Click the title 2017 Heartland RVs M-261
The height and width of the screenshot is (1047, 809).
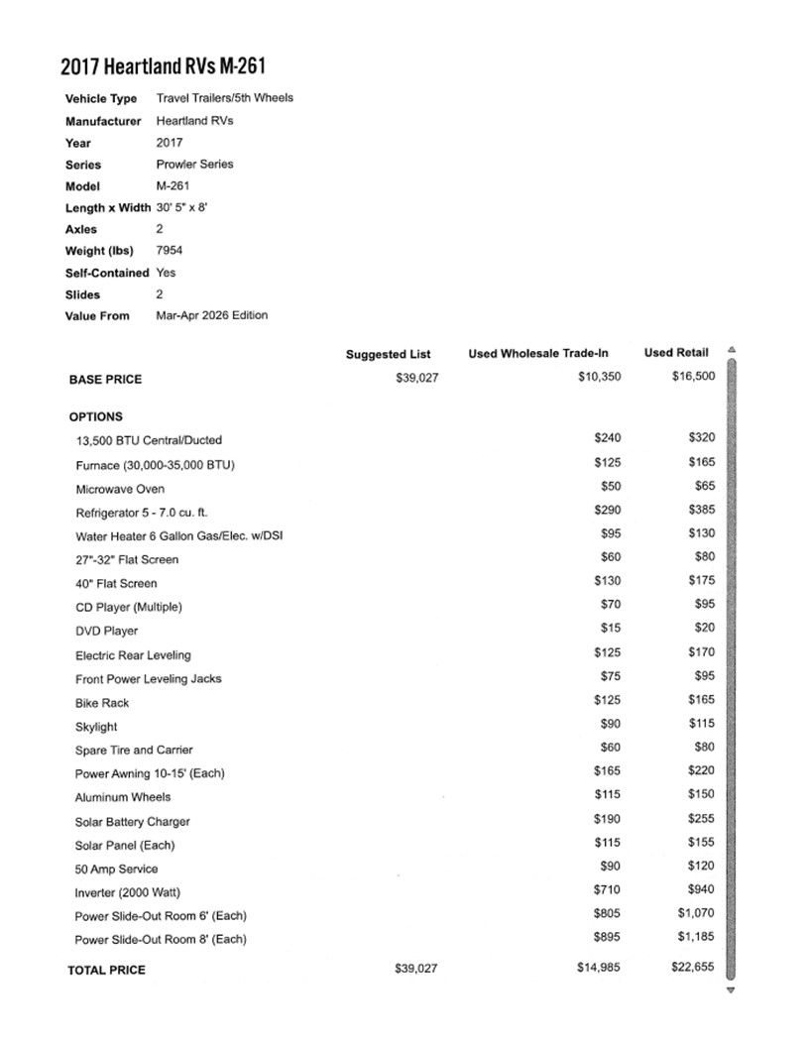pyautogui.click(x=163, y=67)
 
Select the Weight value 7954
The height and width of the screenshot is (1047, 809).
pyautogui.click(x=170, y=251)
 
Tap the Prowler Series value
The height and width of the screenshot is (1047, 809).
pyautogui.click(x=194, y=164)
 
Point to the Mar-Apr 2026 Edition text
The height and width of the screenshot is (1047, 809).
pyautogui.click(x=212, y=315)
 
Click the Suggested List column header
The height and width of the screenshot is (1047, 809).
pyautogui.click(x=390, y=354)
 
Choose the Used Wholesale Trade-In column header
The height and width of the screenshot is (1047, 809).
pyautogui.click(x=538, y=354)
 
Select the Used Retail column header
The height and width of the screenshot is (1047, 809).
pyautogui.click(x=676, y=353)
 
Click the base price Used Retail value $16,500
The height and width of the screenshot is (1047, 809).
pyautogui.click(x=692, y=377)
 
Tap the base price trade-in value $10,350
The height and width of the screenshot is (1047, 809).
pyautogui.click(x=599, y=377)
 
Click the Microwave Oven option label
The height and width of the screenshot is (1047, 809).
pyautogui.click(x=120, y=489)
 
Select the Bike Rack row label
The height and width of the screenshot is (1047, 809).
pyautogui.click(x=102, y=703)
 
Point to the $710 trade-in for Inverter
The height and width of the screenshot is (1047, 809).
pyautogui.click(x=607, y=889)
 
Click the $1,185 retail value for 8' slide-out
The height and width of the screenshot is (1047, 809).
pyautogui.click(x=696, y=937)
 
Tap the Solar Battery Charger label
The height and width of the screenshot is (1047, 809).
pyautogui.click(x=132, y=822)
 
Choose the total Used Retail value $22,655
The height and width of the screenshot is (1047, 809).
pyautogui.click(x=692, y=968)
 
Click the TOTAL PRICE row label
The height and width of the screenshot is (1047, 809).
pyautogui.click(x=106, y=970)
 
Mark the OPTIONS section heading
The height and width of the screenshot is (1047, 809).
pyautogui.click(x=96, y=417)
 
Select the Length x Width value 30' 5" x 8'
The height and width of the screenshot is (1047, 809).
pyautogui.click(x=181, y=207)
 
